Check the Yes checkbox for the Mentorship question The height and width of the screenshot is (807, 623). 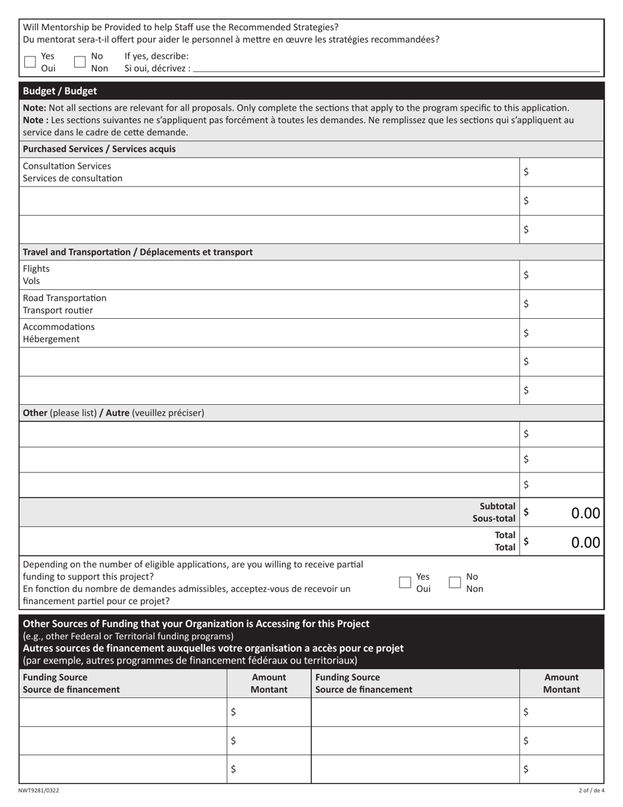30,62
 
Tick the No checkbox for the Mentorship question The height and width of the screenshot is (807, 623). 80,62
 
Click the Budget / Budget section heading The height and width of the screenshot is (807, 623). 60,91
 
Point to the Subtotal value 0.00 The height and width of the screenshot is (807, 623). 585,513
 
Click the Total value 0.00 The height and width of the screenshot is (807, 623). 585,542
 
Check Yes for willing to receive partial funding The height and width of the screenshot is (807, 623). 405,582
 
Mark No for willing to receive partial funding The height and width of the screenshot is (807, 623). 455,582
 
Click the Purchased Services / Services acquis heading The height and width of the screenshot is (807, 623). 99,149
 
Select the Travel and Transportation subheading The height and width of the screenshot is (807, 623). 138,252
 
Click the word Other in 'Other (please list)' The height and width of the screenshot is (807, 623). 35,413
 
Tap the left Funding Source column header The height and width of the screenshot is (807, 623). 71,683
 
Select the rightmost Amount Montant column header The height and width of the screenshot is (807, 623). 561,683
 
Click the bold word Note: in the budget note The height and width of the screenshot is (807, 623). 34,108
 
